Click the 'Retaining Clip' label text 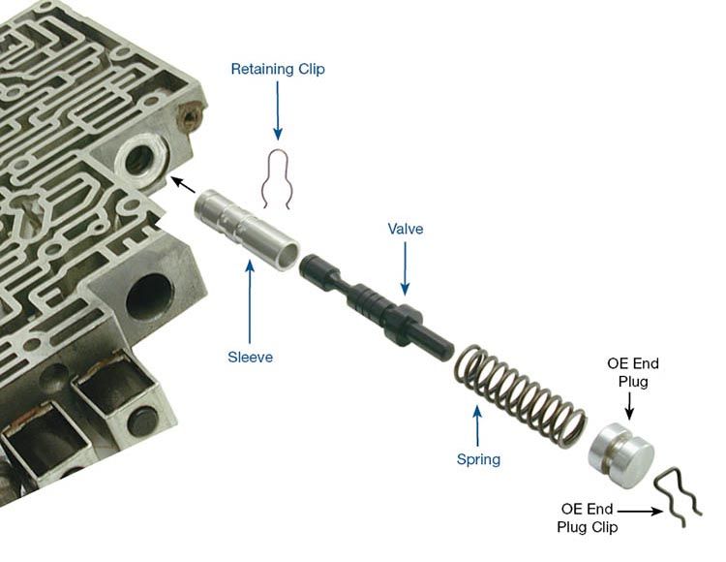point(278,69)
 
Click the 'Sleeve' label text point(251,357)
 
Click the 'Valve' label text point(406,229)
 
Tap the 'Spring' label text point(478,459)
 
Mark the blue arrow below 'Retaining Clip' point(278,111)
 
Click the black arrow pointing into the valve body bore point(183,183)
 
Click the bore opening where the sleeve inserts point(138,158)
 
